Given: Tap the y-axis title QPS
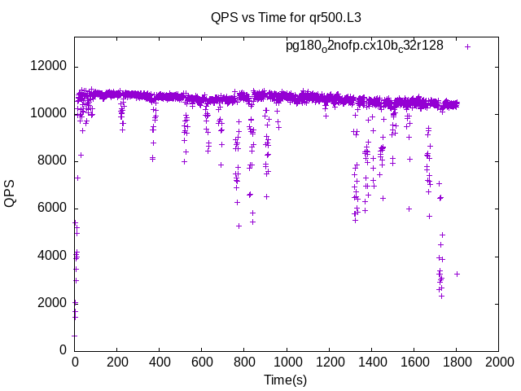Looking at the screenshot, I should pyautogui.click(x=11, y=192).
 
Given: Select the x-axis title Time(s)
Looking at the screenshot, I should pyautogui.click(x=285, y=380).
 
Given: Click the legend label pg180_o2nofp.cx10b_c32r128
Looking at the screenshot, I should pyautogui.click(x=364, y=46).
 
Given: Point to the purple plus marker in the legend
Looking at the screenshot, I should pyautogui.click(x=467, y=46).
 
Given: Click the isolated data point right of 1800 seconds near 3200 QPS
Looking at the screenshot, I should pyautogui.click(x=457, y=274).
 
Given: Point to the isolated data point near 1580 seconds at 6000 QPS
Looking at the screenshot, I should pyautogui.click(x=409, y=209).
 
